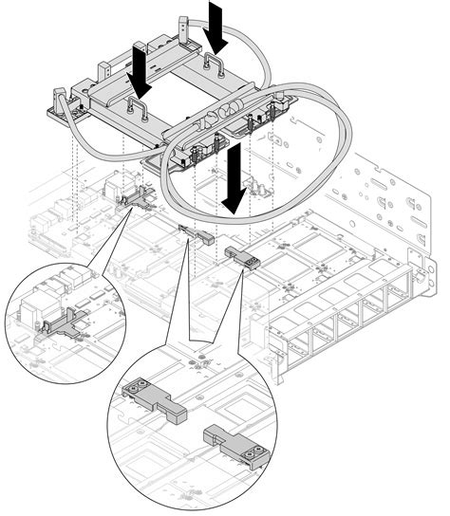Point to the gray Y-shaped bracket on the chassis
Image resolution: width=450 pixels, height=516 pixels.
coord(139,198)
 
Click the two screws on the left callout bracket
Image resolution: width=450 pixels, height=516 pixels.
coord(138,388)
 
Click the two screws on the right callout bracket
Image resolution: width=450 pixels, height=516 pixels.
coord(249,454)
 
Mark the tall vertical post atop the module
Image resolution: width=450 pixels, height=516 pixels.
coord(181,33)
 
